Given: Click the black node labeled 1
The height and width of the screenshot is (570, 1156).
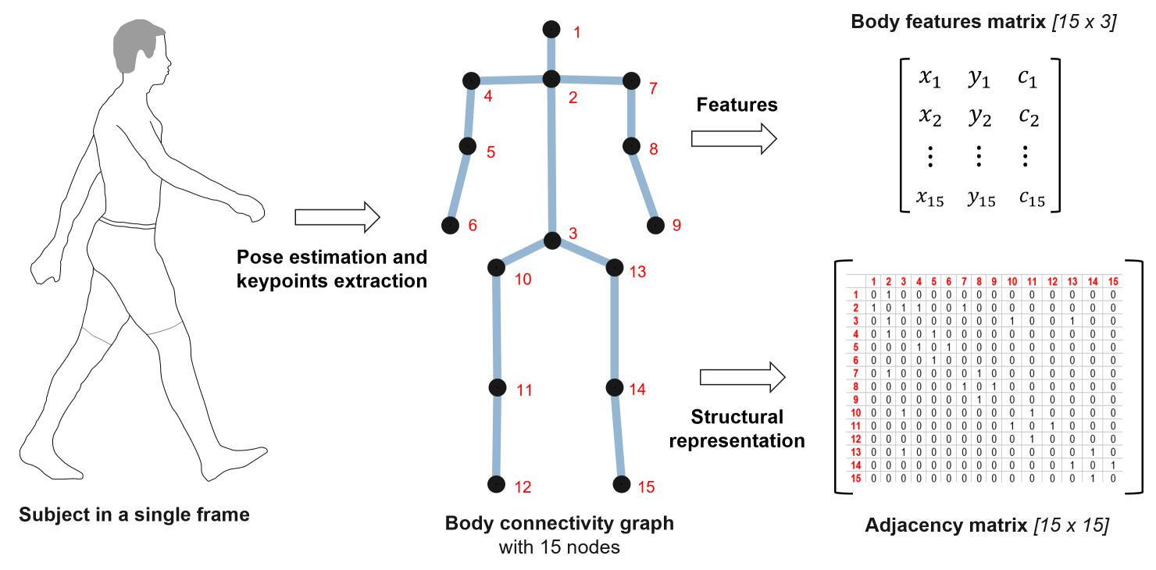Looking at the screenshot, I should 551,30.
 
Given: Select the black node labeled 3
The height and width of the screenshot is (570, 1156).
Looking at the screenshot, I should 552,240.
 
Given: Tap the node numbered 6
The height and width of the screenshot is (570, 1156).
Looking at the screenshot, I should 450,226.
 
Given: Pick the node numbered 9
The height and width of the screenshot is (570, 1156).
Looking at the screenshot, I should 655,226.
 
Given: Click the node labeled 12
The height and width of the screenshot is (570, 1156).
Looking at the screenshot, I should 495,485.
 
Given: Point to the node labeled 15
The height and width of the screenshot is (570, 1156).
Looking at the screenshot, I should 622,485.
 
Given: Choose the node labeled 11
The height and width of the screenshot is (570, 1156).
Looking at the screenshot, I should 498,387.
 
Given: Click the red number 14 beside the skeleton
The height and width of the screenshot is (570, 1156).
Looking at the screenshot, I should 637,389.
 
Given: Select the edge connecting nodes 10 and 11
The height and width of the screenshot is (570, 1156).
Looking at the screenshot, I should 496,328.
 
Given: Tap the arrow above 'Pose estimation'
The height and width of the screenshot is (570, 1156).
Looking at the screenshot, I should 337,217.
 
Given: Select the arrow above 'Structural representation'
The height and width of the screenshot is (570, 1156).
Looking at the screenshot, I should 742,377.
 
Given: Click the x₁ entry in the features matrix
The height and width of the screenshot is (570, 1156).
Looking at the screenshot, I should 929,79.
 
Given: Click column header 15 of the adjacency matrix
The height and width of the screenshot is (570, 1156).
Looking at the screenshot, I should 1112,281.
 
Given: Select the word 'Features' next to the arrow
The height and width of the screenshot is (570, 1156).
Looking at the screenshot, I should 737,105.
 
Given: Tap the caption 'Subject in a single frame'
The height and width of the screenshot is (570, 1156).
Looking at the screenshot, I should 134,515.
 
